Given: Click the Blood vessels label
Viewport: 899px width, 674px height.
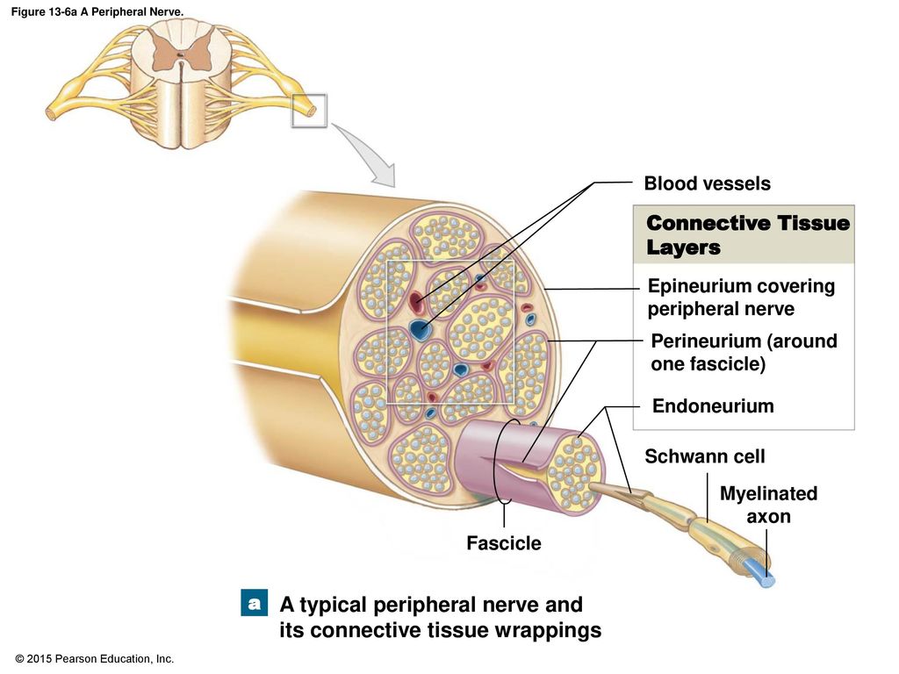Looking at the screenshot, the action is tap(707, 183).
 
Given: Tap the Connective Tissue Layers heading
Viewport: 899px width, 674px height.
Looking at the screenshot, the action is tap(748, 235).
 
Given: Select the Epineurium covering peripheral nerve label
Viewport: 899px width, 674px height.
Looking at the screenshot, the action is tap(741, 297).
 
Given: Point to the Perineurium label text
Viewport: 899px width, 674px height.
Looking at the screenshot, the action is tap(744, 352).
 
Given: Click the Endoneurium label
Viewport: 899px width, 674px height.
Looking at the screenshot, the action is tap(713, 405).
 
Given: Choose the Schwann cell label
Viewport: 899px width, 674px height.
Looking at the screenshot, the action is tap(705, 456).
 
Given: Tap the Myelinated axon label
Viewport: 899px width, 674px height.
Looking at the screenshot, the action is tap(768, 505).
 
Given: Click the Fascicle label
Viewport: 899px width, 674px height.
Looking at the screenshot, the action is tap(503, 542).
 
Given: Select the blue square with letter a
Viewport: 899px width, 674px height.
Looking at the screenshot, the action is tap(254, 603).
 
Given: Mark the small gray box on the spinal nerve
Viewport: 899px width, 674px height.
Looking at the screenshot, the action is tap(309, 111).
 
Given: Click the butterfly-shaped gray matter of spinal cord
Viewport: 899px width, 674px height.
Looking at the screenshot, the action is tap(180, 53).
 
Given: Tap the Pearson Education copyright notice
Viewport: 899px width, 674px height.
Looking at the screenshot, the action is tap(95, 659).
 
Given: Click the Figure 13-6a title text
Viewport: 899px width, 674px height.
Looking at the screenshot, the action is tap(97, 11).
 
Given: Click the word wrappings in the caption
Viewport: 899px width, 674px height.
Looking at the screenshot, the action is tap(548, 630).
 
